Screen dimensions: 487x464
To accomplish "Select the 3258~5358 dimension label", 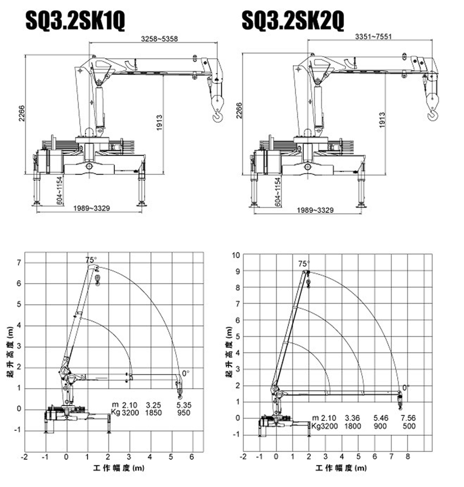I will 159,39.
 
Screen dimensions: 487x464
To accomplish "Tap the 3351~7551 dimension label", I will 373,36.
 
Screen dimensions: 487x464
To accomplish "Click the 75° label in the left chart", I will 91,260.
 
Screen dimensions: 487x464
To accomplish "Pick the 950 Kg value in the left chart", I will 183,413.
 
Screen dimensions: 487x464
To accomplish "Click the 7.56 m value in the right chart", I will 408,418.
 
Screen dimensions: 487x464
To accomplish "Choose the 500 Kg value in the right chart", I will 409,426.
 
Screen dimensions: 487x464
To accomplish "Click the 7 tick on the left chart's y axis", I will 19,262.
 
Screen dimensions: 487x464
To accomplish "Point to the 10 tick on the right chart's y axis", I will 236,255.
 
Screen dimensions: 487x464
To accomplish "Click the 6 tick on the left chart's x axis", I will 192,457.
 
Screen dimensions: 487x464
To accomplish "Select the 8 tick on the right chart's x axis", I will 407,457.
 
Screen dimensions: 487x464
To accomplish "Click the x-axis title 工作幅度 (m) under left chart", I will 119,468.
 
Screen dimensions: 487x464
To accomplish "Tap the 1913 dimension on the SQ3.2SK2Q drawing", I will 382,120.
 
